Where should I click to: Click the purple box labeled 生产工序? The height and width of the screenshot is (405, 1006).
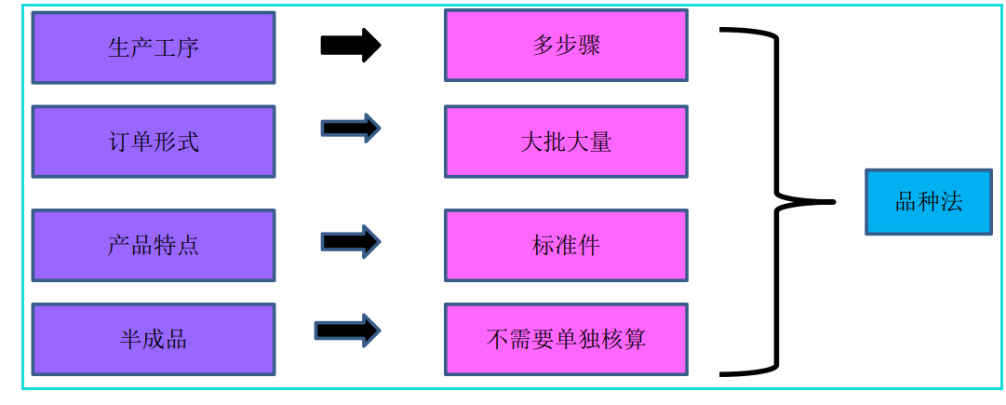click(154, 47)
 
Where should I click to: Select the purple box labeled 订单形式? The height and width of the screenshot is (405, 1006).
click(154, 142)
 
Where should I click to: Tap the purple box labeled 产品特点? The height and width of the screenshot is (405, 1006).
click(154, 245)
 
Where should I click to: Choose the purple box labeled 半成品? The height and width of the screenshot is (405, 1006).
click(154, 339)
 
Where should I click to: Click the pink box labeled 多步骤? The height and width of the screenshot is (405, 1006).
click(566, 46)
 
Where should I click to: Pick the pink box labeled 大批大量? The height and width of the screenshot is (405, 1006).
click(566, 142)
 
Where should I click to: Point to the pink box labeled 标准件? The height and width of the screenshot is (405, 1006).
click(566, 245)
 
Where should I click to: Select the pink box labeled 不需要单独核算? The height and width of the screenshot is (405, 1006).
click(566, 339)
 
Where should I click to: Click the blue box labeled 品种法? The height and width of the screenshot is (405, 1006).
click(928, 202)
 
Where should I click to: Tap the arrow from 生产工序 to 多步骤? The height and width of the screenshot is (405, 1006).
click(351, 45)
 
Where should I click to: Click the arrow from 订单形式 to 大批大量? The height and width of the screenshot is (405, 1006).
click(351, 128)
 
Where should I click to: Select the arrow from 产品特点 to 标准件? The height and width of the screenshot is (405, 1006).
click(351, 242)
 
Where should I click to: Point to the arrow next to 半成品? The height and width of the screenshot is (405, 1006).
click(347, 331)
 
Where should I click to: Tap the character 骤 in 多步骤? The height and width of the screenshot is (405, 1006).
click(589, 46)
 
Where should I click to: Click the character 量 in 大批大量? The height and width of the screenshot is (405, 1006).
click(600, 142)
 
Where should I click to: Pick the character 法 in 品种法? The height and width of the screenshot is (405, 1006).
click(951, 202)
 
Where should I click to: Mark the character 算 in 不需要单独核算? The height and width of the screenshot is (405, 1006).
click(635, 339)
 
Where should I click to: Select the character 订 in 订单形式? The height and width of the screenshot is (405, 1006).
click(119, 142)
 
